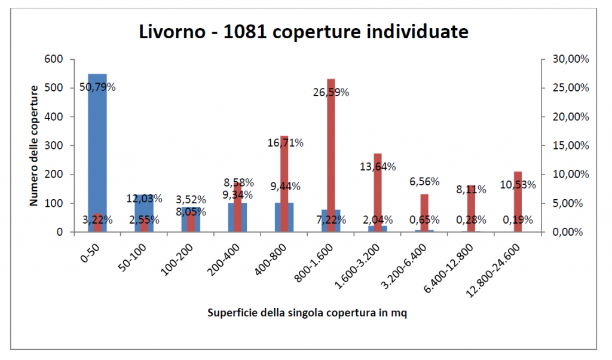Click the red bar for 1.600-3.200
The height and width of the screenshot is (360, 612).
point(377,197)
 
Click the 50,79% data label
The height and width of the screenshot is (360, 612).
point(97,87)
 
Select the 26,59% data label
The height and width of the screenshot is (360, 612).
point(331,93)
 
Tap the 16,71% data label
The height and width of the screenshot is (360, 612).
point(284,143)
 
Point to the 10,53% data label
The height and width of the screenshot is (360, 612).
point(518,185)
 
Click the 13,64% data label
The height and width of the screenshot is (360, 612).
point(377,167)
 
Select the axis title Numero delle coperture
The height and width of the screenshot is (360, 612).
point(35,145)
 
